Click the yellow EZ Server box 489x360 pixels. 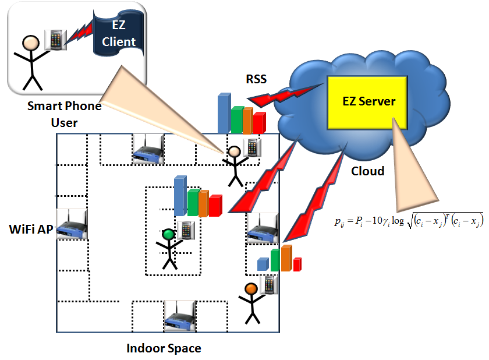tap(368, 100)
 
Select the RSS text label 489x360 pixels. tap(256, 79)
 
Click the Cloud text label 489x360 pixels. tap(367, 171)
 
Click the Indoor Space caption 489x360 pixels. tap(164, 348)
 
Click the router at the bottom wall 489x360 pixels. tap(179, 316)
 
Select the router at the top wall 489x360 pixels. tap(148, 149)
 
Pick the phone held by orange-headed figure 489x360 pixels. tap(269, 284)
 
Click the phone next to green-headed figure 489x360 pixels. tap(185, 230)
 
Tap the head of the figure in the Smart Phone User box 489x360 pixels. tap(29, 43)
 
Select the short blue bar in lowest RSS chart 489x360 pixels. tap(263, 264)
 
